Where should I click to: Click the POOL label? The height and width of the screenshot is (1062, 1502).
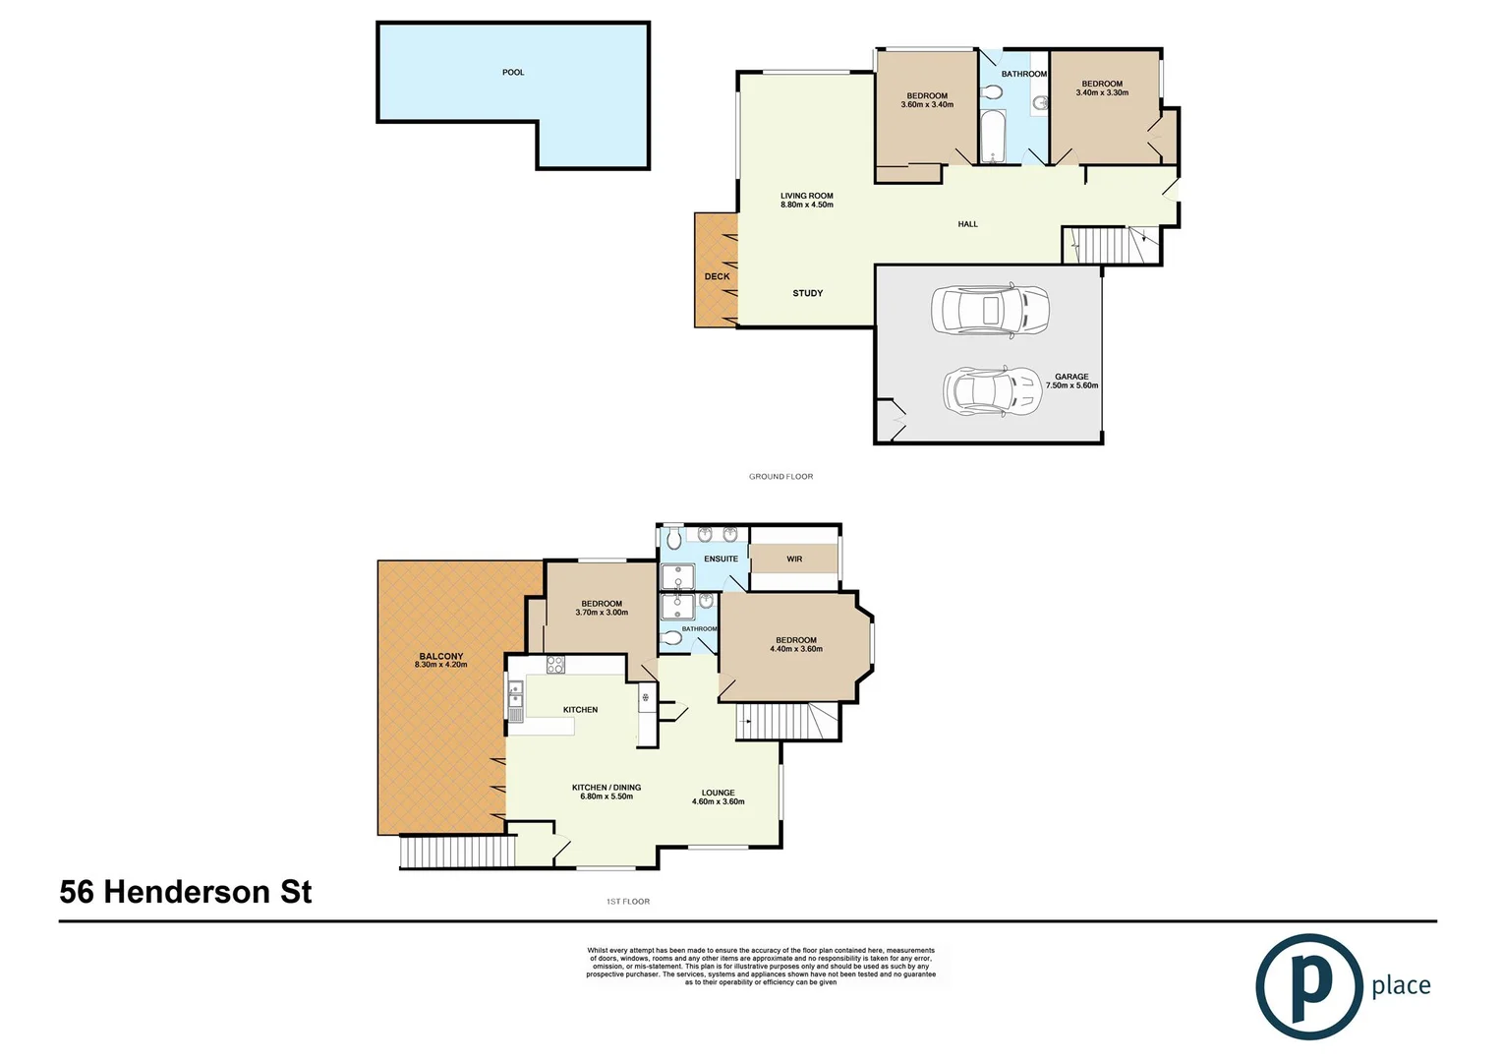tap(513, 73)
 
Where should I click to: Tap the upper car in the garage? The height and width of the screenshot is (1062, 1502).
tap(990, 311)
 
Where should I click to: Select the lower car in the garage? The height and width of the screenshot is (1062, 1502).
tap(992, 390)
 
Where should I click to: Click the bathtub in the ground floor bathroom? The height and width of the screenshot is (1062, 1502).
tap(993, 136)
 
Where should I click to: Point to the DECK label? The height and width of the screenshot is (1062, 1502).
tap(717, 276)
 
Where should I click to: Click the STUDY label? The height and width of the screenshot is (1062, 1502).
tap(807, 293)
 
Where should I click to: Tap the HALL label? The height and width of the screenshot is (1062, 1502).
tap(967, 224)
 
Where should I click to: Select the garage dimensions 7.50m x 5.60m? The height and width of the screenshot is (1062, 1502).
tap(1071, 385)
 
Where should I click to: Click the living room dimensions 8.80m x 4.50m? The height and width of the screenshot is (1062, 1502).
tap(806, 205)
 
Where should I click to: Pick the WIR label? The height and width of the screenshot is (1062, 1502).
tap(794, 559)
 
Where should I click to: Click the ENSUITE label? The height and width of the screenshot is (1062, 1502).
tap(721, 559)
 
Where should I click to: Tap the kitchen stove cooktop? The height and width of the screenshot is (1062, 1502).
tap(555, 665)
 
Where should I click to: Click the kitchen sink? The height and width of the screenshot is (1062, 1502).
tap(515, 701)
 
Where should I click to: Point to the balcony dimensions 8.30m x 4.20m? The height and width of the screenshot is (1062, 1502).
tap(440, 665)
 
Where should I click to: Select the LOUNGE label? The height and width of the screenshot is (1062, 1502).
tap(718, 793)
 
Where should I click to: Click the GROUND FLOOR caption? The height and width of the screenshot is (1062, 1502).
tap(780, 477)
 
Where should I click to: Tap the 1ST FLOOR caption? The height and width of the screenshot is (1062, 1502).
tap(628, 902)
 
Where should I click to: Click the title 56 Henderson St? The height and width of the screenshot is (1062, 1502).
tap(186, 892)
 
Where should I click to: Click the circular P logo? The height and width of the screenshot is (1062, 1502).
tap(1308, 986)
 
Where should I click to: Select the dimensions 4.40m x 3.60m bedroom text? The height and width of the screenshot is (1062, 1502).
tap(795, 649)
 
